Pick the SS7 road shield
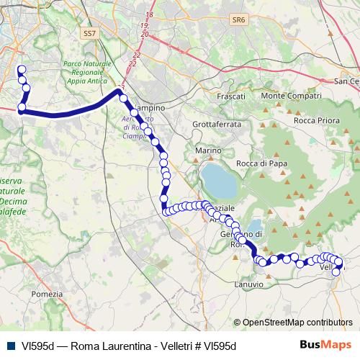coord(89,33)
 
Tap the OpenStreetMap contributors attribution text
coord(297,323)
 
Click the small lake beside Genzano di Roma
coord(254,229)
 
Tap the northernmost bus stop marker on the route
coord(20,70)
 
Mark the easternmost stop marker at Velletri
coord(339,263)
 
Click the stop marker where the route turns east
coord(22,108)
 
